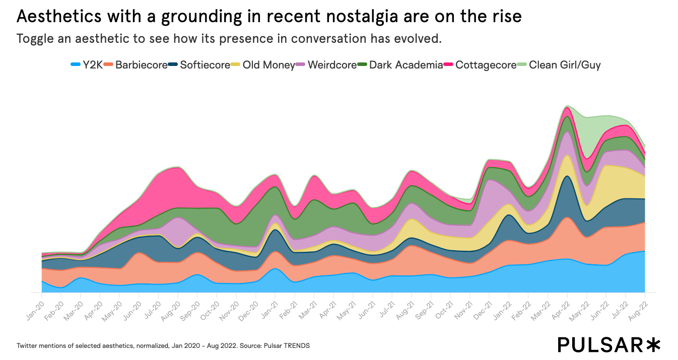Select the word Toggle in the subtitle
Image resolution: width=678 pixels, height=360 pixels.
36,39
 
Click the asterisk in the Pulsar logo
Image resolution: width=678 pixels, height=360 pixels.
653,344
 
